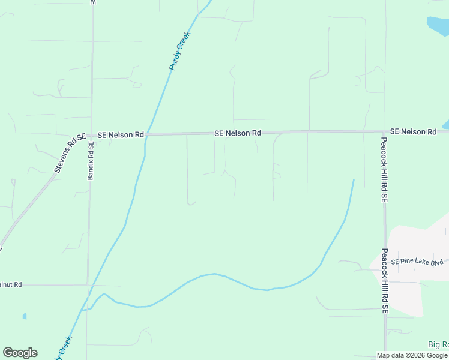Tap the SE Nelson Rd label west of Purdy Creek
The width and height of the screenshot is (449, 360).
(x=121, y=135)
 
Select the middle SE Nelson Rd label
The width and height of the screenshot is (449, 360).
(x=238, y=133)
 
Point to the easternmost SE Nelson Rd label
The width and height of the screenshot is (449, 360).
(x=412, y=131)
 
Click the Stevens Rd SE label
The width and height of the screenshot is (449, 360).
(x=70, y=154)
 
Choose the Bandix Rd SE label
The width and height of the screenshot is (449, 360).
(x=91, y=161)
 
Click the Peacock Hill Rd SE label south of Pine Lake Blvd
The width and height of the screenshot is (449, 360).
(x=385, y=281)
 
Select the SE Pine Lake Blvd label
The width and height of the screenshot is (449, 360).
(x=417, y=262)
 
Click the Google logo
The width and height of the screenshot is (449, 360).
(x=20, y=353)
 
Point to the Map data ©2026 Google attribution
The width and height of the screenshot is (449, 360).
(x=412, y=355)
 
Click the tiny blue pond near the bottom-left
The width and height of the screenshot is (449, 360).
(x=24, y=316)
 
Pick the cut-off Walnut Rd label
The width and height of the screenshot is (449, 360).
(x=11, y=284)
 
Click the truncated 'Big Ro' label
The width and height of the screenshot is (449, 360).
(x=438, y=344)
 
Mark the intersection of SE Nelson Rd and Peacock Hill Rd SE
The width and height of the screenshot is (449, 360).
(x=385, y=131)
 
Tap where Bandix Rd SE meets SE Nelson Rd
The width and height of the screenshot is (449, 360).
(x=91, y=134)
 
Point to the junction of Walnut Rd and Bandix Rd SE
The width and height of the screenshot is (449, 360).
(x=88, y=284)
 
